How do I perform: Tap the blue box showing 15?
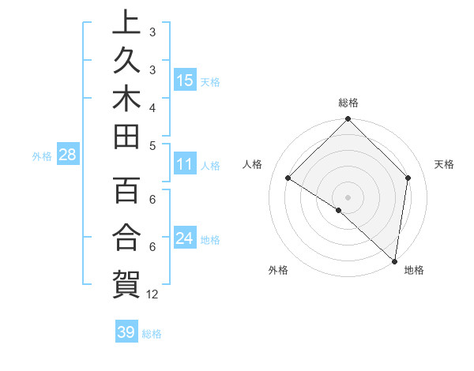pos(185,81)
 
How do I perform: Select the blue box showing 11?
pos(185,165)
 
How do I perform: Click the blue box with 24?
pos(185,238)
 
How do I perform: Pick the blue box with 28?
pos(68,156)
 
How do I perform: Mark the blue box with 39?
pos(126,332)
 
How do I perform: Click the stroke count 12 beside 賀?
pos(152,294)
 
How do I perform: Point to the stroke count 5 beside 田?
pos(152,145)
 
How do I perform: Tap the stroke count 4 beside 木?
pos(152,107)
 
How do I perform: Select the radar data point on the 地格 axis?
pos(394,260)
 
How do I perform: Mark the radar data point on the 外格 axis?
pos(339,210)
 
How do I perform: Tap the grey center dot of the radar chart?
pos(348,197)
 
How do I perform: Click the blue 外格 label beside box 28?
pos(42,156)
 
